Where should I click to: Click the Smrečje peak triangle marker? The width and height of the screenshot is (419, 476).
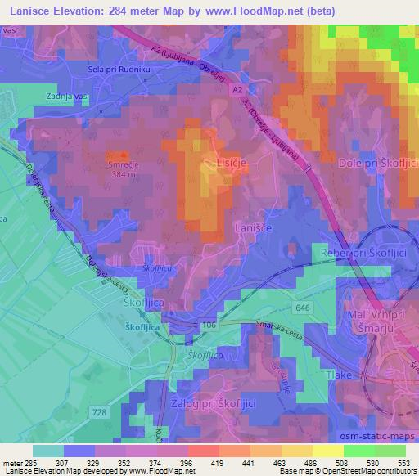(124, 154)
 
